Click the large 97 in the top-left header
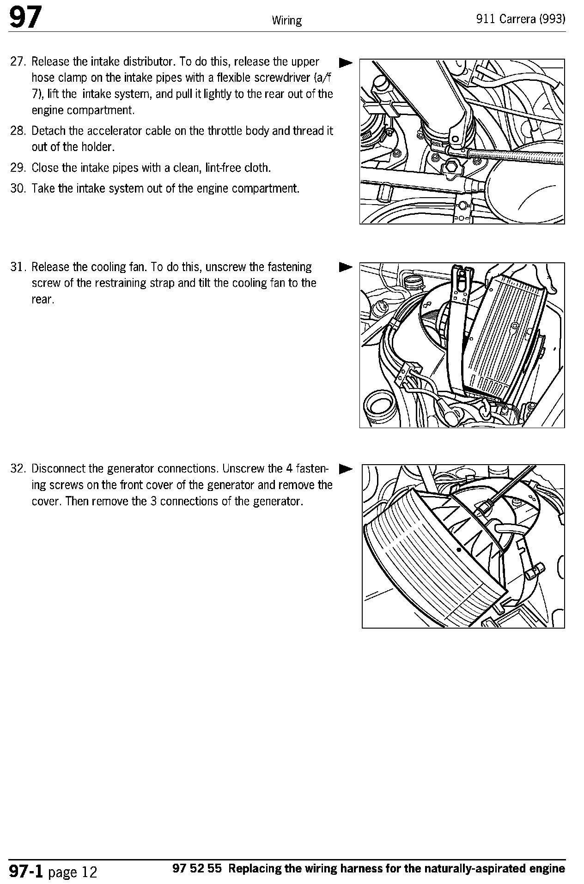click(x=25, y=18)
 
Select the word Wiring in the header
click(x=286, y=20)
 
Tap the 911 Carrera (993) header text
click(x=521, y=19)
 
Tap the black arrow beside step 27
click(x=345, y=62)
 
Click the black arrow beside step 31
click(x=345, y=267)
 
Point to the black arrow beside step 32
click(x=345, y=469)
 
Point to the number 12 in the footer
click(x=89, y=872)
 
